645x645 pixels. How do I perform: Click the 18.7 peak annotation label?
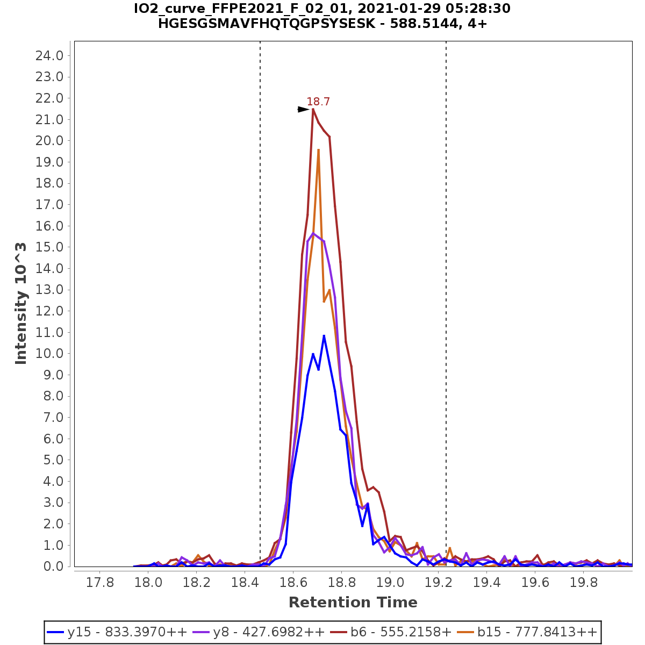[x=318, y=102]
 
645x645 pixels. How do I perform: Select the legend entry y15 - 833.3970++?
[x=117, y=632]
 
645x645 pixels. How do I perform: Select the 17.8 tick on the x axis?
[x=100, y=583]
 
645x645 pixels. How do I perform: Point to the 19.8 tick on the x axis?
[x=584, y=583]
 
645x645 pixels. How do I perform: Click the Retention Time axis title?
[x=353, y=603]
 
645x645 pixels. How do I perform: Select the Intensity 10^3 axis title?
[x=21, y=303]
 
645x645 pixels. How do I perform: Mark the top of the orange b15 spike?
[x=318, y=150]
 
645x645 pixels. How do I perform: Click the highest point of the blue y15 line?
[x=324, y=336]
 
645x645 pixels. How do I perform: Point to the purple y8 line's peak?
[x=313, y=233]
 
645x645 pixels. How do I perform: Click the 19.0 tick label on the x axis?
[x=390, y=583]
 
